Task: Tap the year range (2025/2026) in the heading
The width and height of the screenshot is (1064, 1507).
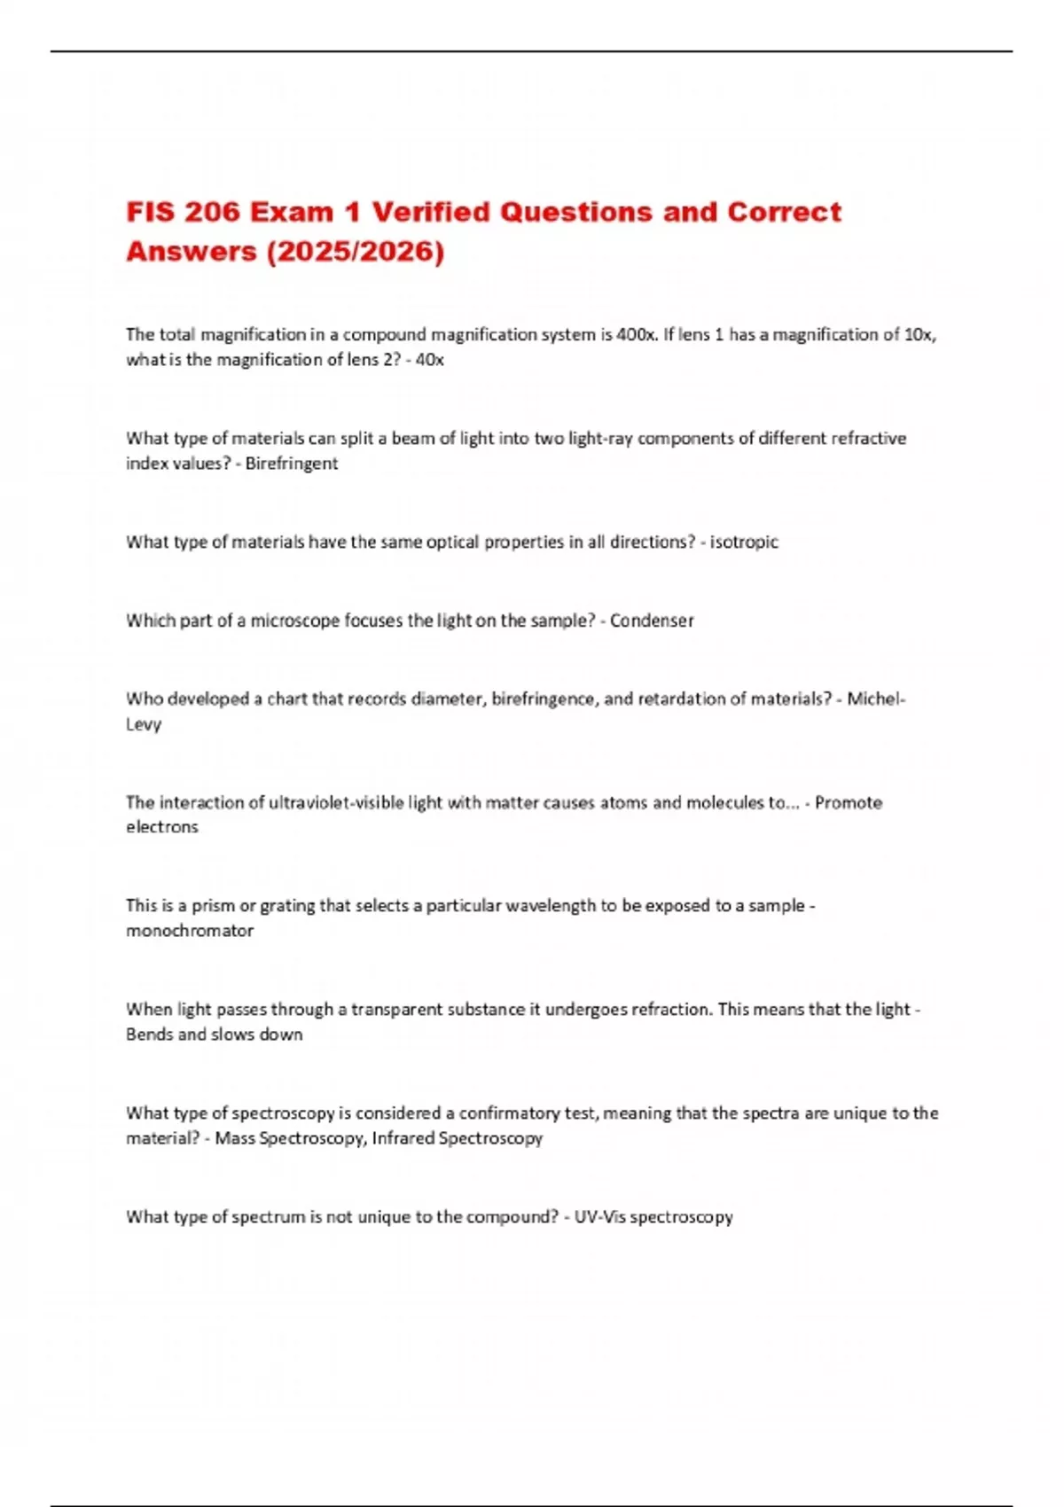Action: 355,252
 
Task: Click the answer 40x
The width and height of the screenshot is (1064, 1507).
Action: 430,360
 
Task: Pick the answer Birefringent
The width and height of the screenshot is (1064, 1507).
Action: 292,464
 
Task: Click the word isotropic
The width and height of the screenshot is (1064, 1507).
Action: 744,542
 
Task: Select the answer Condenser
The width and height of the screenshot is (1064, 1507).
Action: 652,621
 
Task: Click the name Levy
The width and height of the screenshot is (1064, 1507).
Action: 144,724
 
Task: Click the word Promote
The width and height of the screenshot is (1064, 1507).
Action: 849,803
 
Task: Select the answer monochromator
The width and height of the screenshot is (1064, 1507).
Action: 190,931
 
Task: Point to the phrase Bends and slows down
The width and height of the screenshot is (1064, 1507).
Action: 215,1035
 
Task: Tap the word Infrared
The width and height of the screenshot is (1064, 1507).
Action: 403,1138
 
